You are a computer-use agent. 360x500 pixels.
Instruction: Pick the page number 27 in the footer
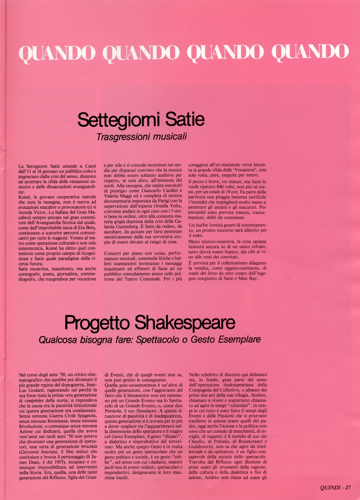point(348,488)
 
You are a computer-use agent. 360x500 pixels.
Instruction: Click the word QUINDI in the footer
point(330,488)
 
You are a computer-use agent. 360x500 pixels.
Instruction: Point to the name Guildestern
point(202,447)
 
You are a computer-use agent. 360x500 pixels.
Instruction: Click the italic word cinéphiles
point(35,400)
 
